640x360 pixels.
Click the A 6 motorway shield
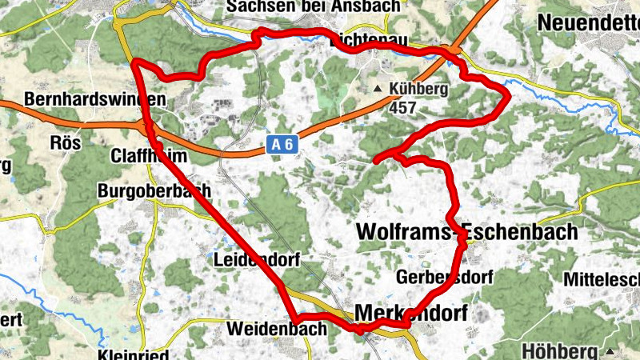pos(278,145)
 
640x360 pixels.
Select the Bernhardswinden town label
pos(95,100)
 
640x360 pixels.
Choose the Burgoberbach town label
pos(154,190)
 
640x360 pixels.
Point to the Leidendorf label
pos(250,260)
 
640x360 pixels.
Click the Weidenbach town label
pos(276,329)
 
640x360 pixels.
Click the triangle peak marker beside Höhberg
pos(610,351)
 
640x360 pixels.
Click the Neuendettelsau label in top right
pos(589,22)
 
